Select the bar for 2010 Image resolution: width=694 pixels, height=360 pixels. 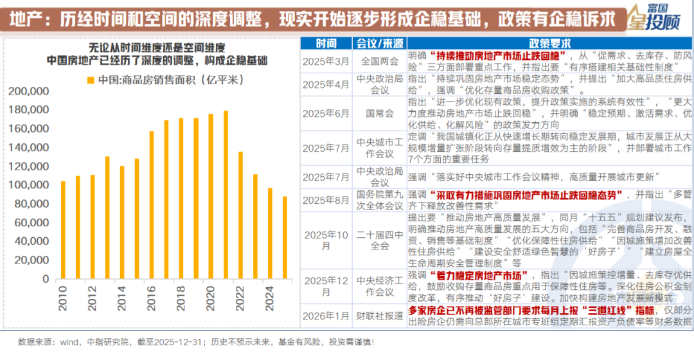pos(63,230)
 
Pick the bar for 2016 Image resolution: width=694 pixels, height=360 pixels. pos(152,205)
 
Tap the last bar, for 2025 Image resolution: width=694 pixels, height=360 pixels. pos(285,238)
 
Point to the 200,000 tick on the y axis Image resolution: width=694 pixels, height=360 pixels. pos(30,91)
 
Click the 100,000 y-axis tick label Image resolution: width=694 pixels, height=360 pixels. pos(30,185)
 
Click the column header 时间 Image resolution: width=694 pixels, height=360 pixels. pos(326,44)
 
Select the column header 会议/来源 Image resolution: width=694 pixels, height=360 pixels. pos(380,44)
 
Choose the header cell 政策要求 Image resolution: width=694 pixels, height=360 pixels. pos(549,44)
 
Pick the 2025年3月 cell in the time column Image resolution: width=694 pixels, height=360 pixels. pos(326,62)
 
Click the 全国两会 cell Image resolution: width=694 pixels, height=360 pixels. pos(380,62)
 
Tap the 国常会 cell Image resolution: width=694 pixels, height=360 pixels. pos(380,113)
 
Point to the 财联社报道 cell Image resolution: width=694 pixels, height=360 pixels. pos(380,316)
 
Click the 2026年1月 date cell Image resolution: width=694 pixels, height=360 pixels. pos(326,316)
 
